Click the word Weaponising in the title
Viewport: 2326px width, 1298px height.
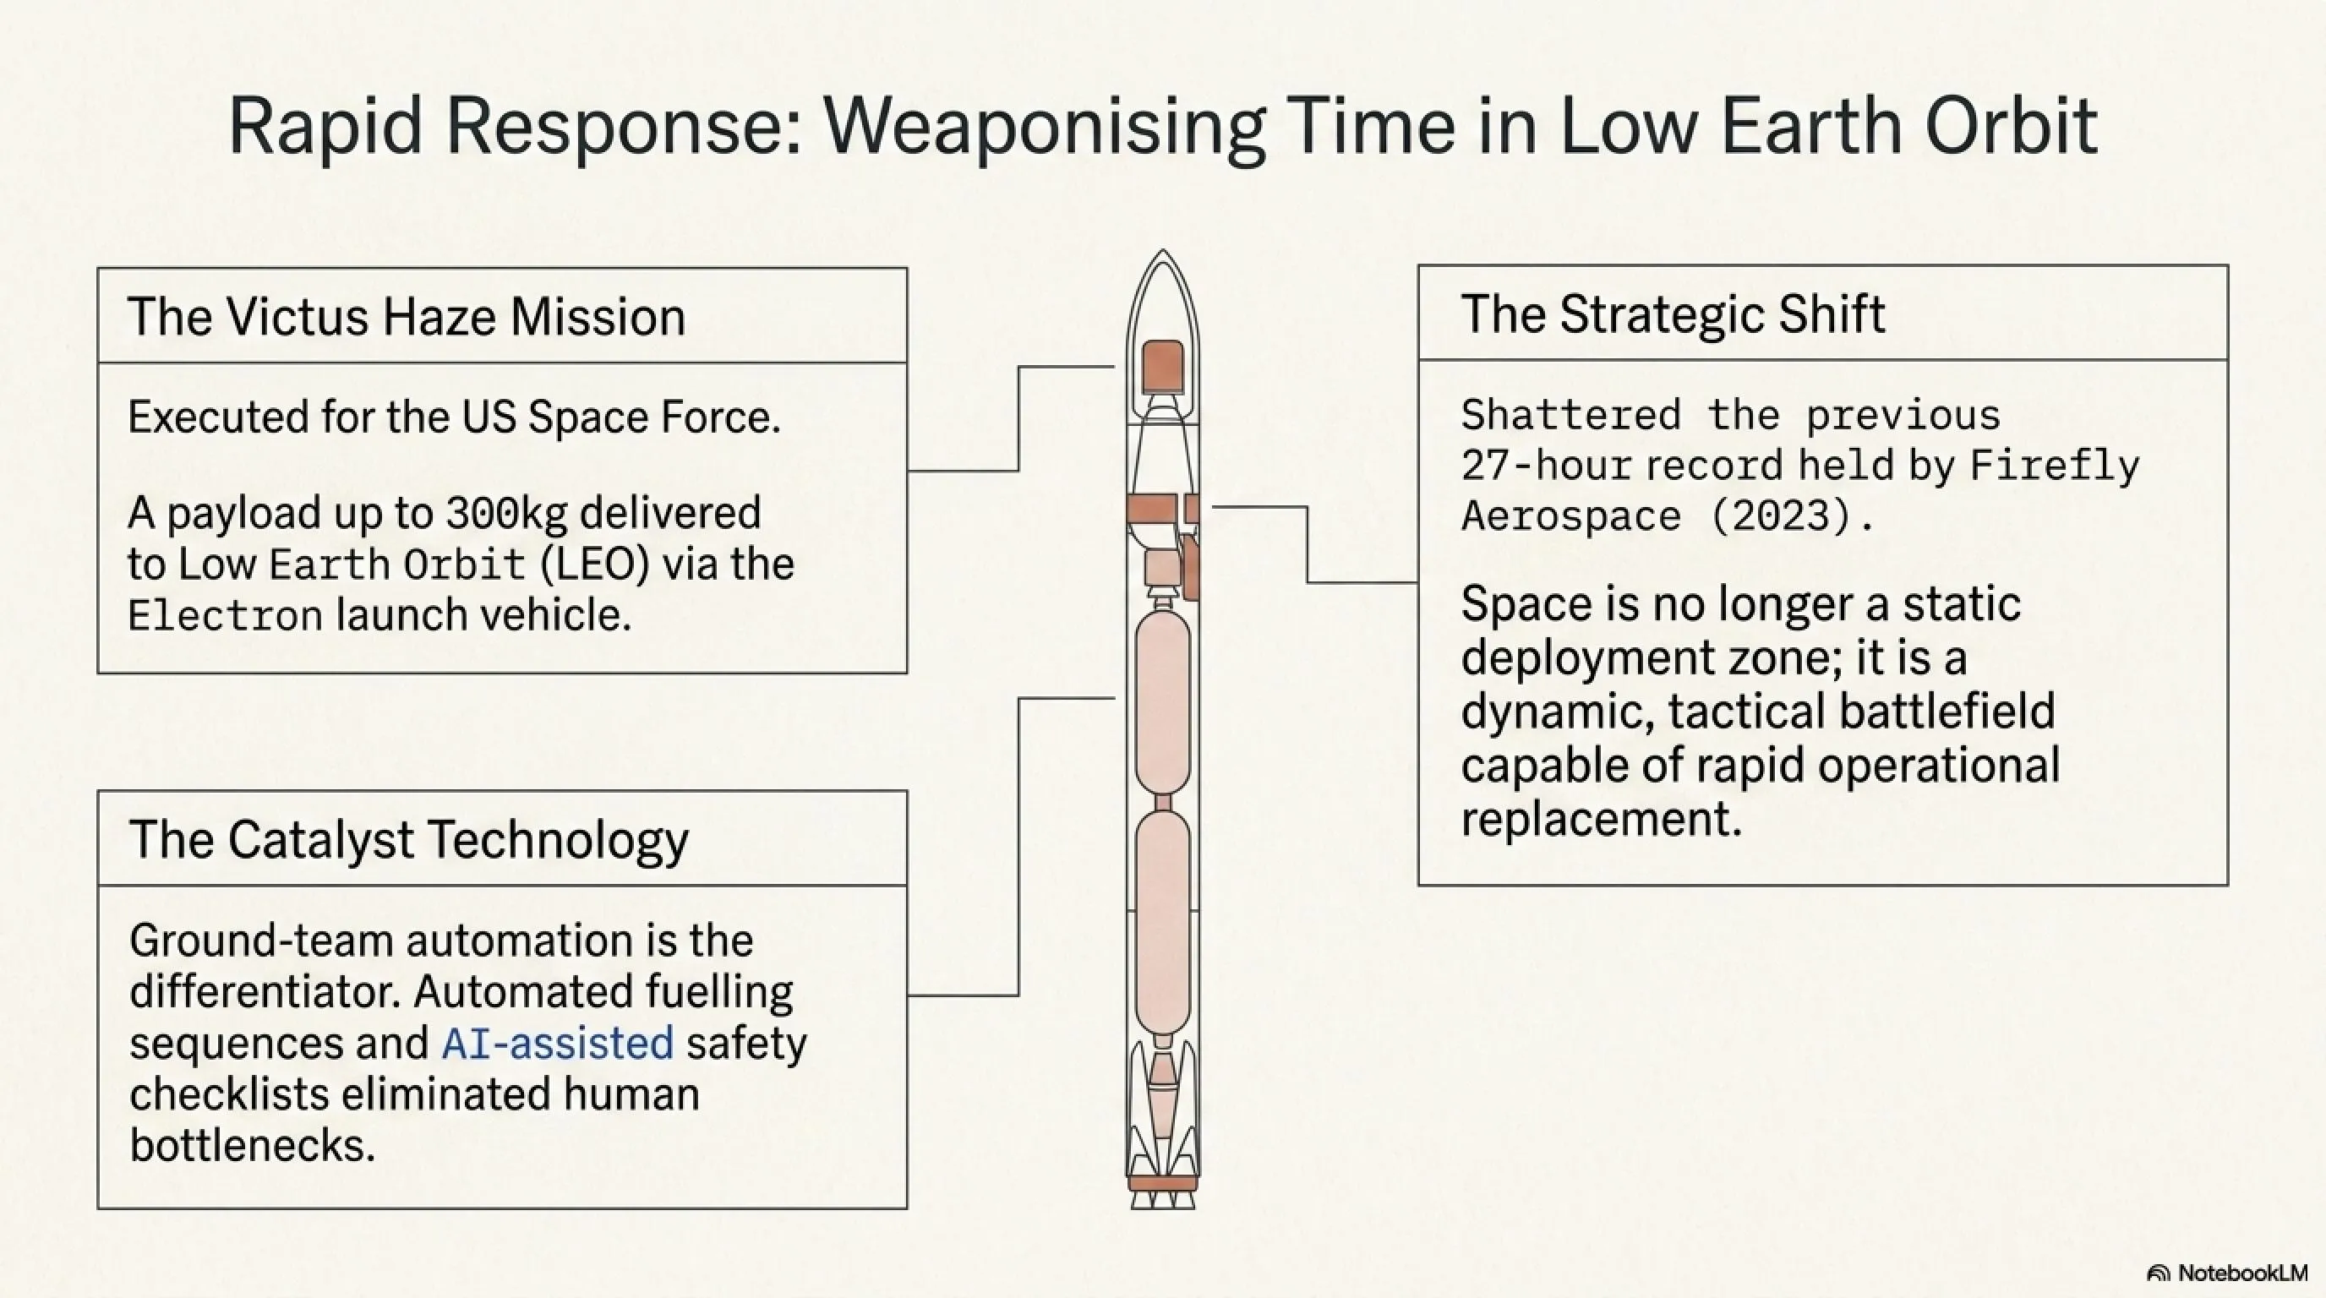1043,128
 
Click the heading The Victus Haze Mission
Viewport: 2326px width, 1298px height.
407,317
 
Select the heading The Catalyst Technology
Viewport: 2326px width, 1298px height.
409,839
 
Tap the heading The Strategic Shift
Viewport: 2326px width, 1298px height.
1674,315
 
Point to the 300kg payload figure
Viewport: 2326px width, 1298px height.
506,514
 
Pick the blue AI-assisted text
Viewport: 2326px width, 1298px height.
558,1044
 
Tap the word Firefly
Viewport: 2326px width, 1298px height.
2054,466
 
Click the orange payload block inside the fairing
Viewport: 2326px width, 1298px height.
1163,367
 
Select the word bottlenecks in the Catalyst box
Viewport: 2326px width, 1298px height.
252,1145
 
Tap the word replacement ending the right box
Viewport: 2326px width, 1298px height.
1601,820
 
